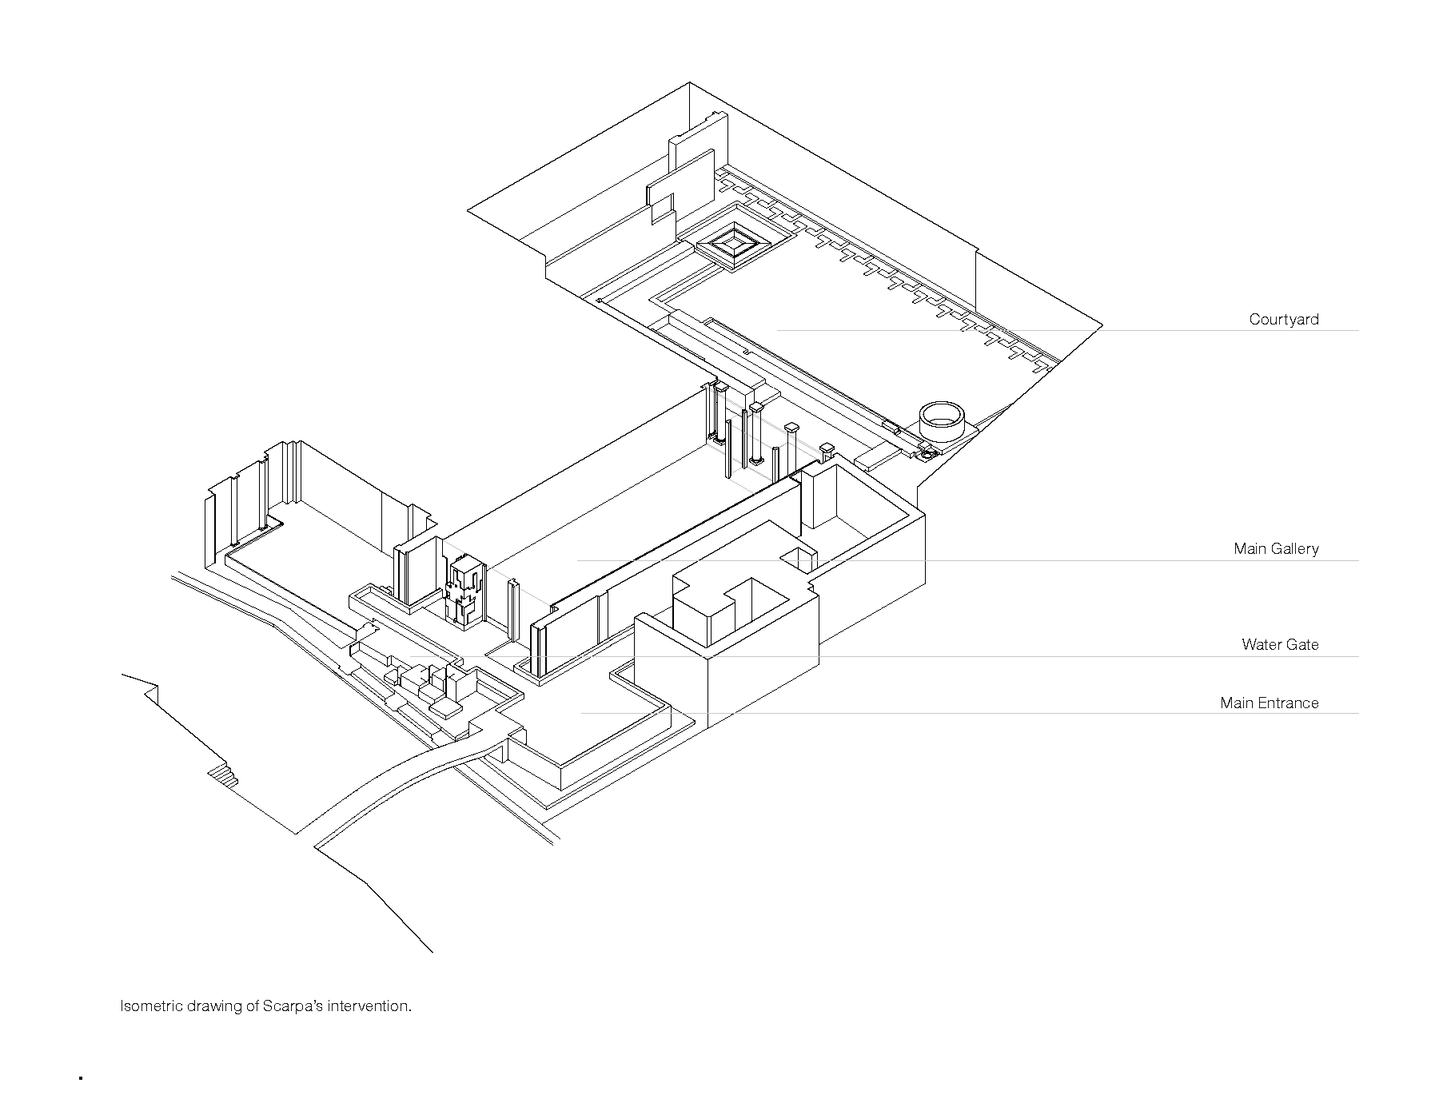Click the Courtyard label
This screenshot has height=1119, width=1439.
(1284, 320)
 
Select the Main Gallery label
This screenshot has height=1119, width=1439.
(1276, 549)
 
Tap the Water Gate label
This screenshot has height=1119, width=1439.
(1280, 644)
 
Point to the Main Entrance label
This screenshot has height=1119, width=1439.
(1269, 703)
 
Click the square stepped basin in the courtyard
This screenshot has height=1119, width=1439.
(734, 243)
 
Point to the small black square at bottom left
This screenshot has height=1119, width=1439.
(81, 1078)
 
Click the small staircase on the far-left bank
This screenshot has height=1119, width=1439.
(223, 774)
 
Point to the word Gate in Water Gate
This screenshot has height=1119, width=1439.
(1303, 644)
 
